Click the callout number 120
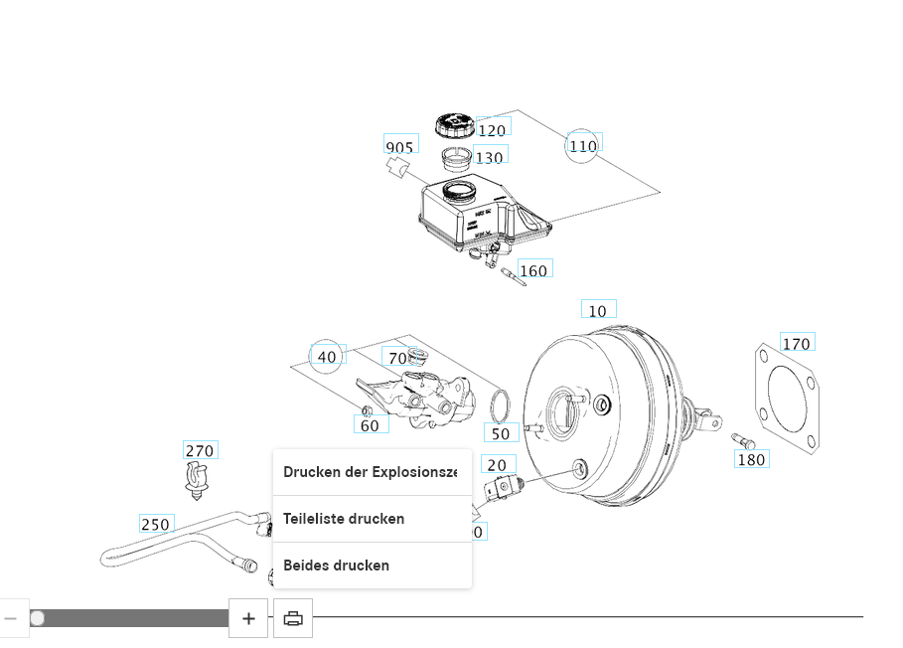tap(492, 130)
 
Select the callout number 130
tap(489, 157)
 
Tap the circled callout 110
tap(583, 146)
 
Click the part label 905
tap(399, 147)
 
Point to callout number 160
tap(533, 270)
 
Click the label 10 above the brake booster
tap(597, 311)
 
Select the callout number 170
tap(797, 344)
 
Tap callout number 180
tap(751, 459)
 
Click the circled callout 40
tap(327, 357)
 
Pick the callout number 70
tap(397, 358)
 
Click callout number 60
tap(370, 425)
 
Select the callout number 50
tap(501, 433)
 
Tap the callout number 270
tap(200, 450)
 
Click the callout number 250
tap(155, 524)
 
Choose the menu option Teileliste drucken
tap(344, 519)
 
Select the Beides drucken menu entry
tap(336, 566)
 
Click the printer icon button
tap(293, 618)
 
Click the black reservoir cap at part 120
tap(455, 126)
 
